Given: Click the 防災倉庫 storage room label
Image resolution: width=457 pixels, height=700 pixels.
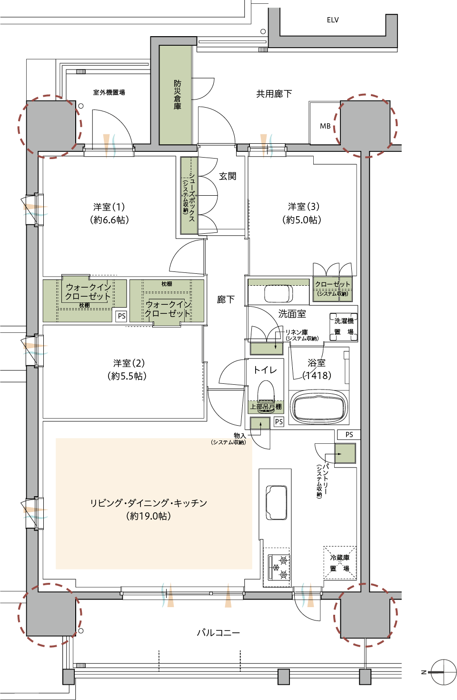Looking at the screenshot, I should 177,95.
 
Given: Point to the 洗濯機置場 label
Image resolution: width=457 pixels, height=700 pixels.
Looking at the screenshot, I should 344,326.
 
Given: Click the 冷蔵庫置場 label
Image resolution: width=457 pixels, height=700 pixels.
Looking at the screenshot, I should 340,563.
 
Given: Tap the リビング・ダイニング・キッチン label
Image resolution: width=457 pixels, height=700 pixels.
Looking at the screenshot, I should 149,503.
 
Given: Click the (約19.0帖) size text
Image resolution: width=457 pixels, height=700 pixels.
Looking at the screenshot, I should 149,516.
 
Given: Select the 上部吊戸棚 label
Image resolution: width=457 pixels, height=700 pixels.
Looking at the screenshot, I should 266,407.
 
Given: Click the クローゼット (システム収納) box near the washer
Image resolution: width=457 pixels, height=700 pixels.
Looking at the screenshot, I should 333,289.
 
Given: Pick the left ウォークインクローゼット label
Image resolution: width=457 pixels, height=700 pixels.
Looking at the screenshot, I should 88,291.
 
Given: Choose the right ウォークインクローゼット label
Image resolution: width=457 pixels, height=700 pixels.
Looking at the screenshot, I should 168,309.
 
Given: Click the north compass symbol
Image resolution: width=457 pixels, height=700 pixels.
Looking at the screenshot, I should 443,672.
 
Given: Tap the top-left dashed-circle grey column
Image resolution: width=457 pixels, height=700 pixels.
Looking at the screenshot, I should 51,125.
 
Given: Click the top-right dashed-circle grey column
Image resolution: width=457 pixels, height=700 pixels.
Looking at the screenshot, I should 365,125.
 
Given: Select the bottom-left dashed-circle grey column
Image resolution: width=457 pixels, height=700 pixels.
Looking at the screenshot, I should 51,614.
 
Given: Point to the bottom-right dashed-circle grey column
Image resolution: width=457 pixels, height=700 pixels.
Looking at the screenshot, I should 365,614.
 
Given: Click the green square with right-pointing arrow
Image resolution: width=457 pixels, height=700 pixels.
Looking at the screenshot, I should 345,453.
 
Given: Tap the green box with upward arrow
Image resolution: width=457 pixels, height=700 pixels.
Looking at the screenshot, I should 260,423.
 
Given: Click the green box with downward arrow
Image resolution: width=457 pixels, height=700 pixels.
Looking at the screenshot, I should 267,348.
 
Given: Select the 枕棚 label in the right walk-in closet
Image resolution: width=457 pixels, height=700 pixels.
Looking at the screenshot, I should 167,284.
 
